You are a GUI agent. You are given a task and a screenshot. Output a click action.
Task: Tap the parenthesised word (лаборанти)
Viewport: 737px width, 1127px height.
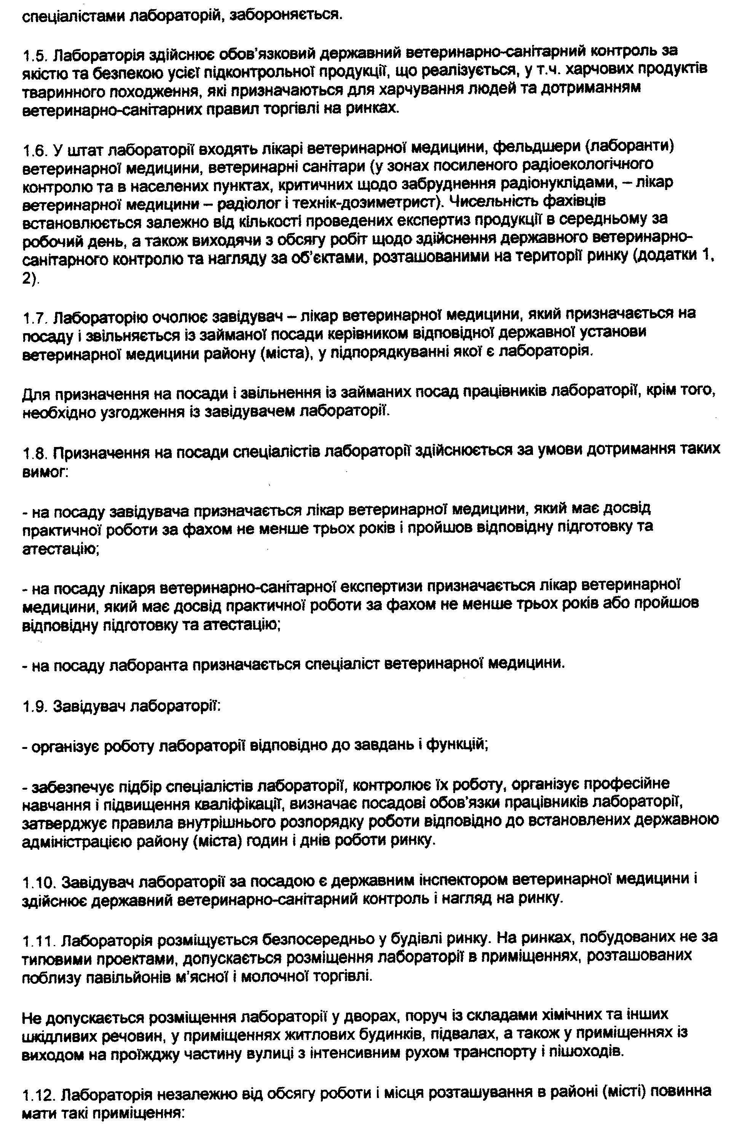click(x=629, y=148)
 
